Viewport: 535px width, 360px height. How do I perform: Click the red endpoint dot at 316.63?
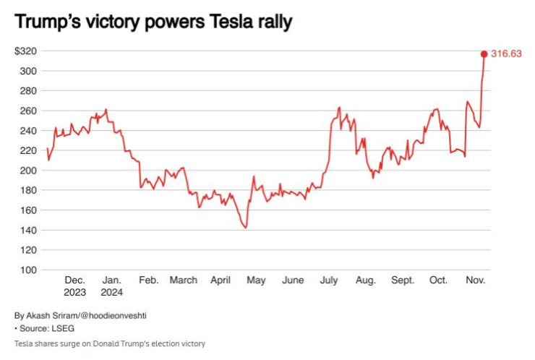[x=484, y=53]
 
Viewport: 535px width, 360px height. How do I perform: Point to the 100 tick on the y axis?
[x=29, y=270]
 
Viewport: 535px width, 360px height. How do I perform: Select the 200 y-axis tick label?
[x=29, y=171]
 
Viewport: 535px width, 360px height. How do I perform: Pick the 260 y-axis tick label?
[x=29, y=111]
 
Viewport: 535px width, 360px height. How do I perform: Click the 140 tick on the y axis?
[x=29, y=230]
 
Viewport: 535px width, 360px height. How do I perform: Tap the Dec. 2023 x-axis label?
[x=74, y=286]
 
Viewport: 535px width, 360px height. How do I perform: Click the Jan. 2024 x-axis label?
[x=111, y=286]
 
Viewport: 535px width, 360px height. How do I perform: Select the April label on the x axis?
[x=220, y=280]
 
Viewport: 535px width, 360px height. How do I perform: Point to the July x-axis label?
[x=329, y=280]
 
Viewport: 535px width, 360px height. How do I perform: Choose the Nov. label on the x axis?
[x=475, y=280]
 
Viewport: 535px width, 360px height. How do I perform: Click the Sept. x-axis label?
[x=402, y=280]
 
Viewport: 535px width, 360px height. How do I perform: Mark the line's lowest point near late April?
[x=246, y=228]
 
